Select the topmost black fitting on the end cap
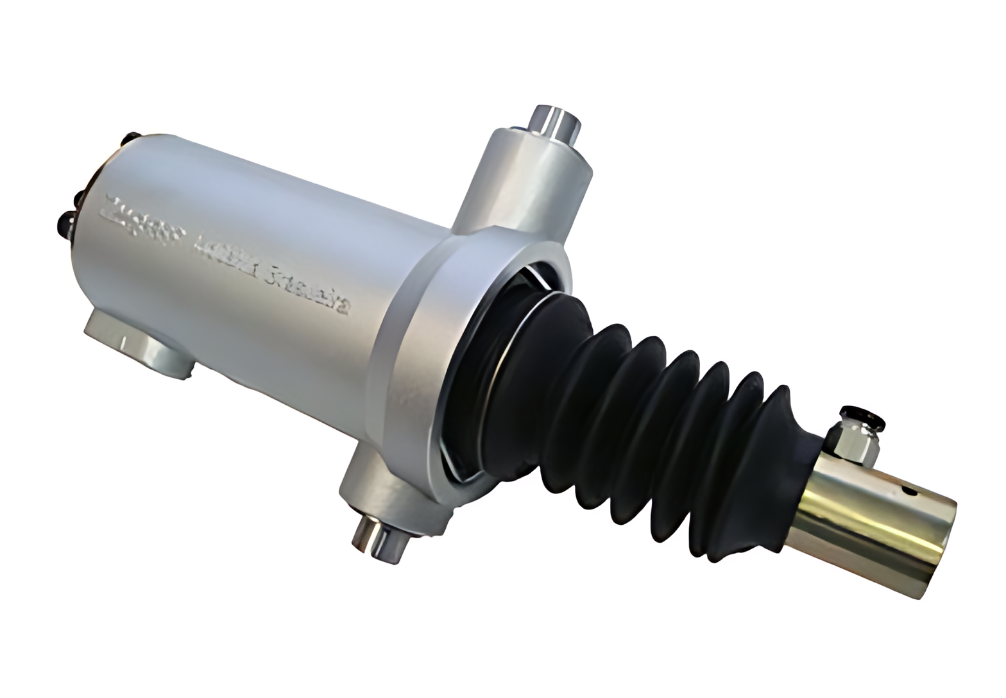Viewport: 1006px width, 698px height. (130, 137)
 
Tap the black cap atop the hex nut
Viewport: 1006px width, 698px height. (863, 417)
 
